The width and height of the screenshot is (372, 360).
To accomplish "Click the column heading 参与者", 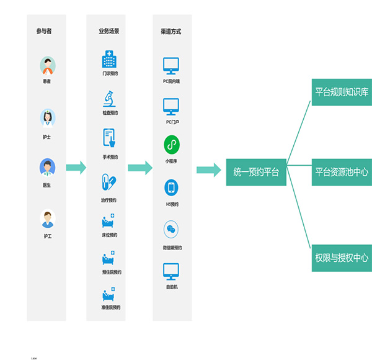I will (44, 31).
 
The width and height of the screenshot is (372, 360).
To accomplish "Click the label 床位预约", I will (110, 235).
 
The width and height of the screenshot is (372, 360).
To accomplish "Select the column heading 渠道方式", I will (171, 31).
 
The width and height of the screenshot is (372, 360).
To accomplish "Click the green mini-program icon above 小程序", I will (171, 145).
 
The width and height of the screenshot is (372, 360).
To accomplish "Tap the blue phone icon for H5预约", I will (171, 187).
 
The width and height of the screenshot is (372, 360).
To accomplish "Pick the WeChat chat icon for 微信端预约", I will (171, 230).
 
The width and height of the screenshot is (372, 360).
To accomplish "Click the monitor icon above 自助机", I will (171, 271).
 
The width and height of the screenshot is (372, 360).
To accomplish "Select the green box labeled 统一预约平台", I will (256, 171).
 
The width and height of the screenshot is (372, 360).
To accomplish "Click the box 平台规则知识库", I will (342, 92).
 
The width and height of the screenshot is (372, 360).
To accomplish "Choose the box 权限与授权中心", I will (342, 257).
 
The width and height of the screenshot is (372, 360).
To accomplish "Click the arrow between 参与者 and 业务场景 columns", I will (76, 168).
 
